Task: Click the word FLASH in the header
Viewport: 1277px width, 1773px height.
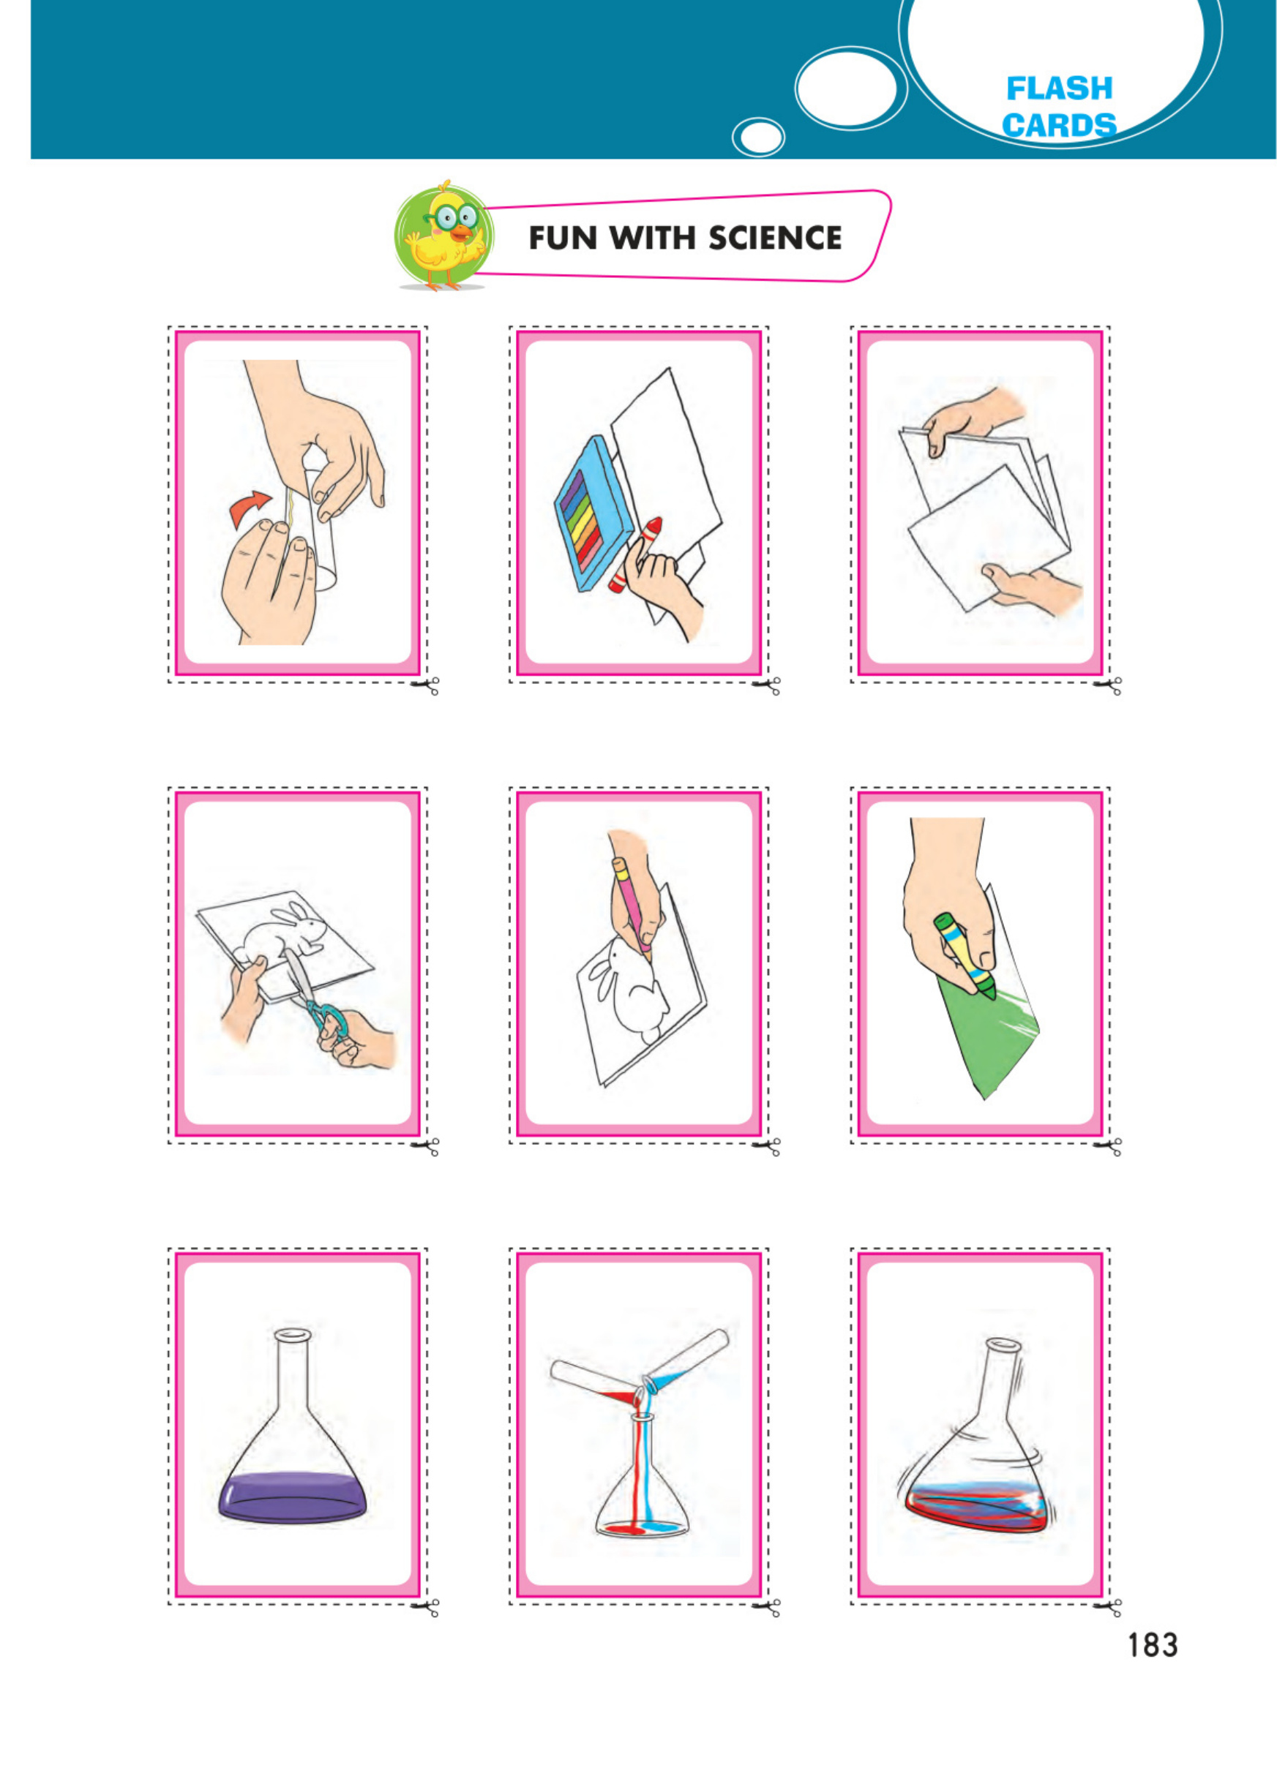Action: (x=1058, y=89)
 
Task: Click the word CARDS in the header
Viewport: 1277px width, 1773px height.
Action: (x=1058, y=125)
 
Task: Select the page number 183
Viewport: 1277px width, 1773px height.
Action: (x=1151, y=1645)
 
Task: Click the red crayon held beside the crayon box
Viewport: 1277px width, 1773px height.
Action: (x=636, y=551)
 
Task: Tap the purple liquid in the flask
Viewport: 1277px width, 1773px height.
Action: (x=293, y=1495)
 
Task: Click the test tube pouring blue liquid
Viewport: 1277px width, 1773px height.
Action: (x=688, y=1363)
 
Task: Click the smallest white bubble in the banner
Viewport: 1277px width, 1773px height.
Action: (x=757, y=138)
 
